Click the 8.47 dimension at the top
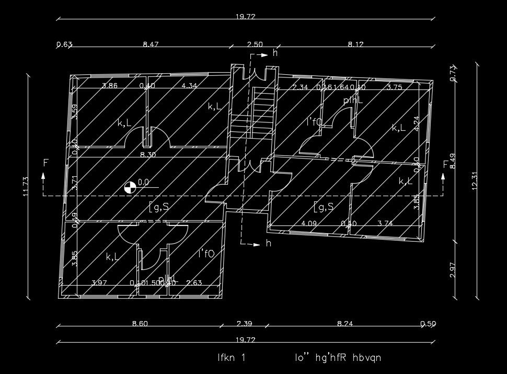151,44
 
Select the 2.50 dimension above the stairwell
255,44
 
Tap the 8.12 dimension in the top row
355,44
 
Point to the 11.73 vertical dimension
25,187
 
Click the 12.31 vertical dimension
474,181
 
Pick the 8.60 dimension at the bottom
140,323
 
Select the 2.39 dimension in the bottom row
245,323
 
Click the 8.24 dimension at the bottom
345,323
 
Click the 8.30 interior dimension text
148,155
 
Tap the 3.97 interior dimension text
99,283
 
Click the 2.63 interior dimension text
194,283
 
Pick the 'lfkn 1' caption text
231,358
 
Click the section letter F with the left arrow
45,164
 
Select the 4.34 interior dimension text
189,86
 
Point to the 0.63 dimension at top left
64,44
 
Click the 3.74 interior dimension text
385,223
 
